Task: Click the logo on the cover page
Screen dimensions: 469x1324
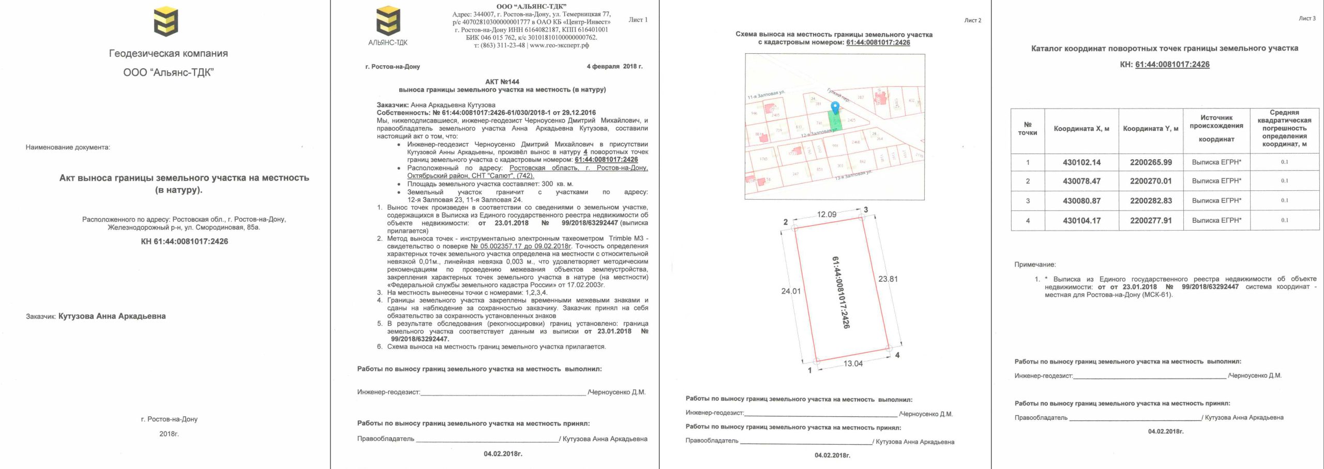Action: [166, 22]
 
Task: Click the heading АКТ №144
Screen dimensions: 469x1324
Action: [502, 82]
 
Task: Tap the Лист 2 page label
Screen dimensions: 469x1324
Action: [972, 21]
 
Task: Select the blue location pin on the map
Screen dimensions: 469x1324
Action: [834, 108]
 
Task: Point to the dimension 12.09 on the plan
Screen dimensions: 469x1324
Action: [826, 215]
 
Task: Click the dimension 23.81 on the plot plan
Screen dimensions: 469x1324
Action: [888, 279]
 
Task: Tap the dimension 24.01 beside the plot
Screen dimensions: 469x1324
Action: [790, 291]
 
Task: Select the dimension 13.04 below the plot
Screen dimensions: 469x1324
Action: [853, 364]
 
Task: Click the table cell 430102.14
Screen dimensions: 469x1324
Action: [1081, 162]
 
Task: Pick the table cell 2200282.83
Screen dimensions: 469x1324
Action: [1151, 201]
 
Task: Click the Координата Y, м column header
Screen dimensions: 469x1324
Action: [1150, 129]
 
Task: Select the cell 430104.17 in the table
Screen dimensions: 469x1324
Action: [1081, 221]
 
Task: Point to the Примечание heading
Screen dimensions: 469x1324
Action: [1035, 265]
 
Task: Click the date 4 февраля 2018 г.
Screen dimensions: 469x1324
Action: [614, 67]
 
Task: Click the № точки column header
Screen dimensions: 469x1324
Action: [1028, 129]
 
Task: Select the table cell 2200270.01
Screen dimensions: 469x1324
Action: [1151, 181]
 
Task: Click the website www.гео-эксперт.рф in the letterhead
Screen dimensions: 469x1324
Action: [559, 46]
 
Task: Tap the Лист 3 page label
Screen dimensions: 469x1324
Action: [1307, 19]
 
